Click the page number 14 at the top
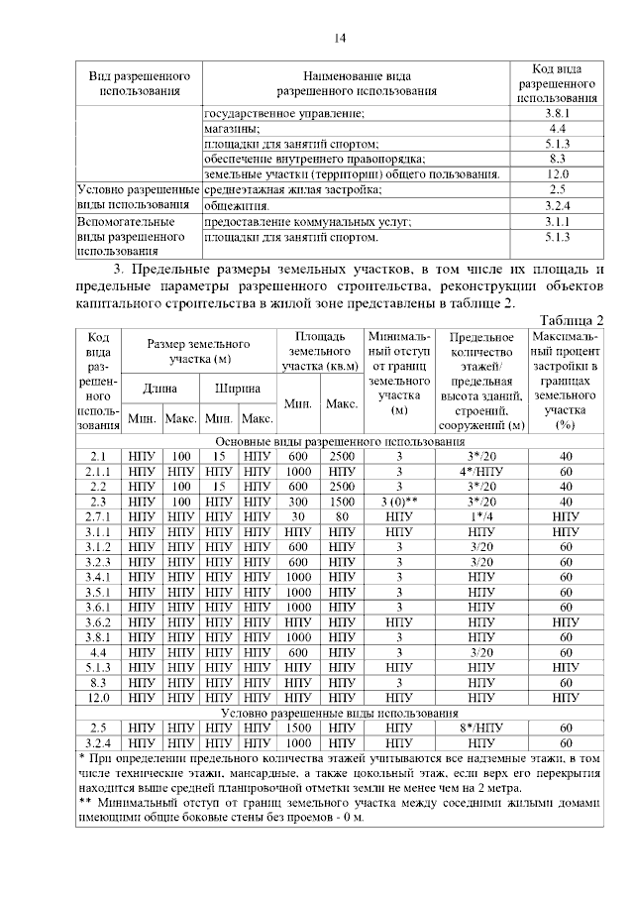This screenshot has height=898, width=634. pos(340,38)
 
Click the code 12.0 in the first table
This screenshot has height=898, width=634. pos(557,174)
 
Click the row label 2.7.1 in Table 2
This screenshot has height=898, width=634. pos(97,516)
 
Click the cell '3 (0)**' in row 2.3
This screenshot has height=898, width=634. pos(399,502)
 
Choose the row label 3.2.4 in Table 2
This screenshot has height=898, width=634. pos(97,742)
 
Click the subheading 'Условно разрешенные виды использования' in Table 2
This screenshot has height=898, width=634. pos(340,713)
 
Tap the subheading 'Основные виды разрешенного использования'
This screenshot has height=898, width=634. pos(340,441)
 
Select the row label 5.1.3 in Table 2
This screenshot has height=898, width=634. pos(97,667)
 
